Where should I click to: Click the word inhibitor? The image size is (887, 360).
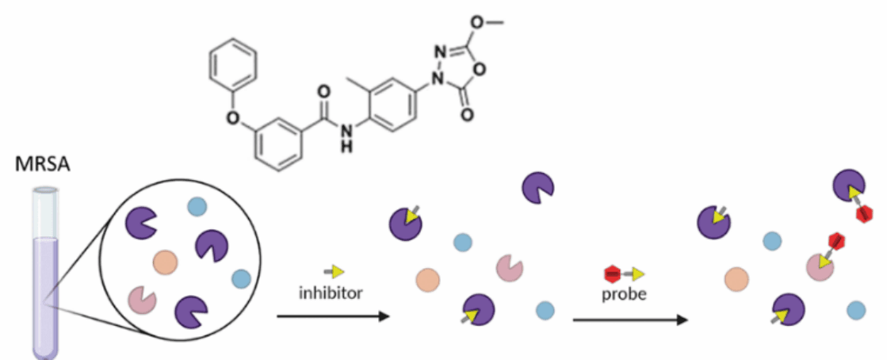330,293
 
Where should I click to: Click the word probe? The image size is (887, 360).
625,293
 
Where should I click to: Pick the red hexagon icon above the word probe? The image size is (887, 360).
611,274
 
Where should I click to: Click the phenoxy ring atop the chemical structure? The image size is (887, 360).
235,64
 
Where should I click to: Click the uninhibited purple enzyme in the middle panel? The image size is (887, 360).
537,189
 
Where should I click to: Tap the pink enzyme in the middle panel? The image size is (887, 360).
509,269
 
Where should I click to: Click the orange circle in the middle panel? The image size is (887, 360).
428,278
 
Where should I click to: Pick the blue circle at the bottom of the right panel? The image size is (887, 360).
855,309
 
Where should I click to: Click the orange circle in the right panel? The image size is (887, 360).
736,278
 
